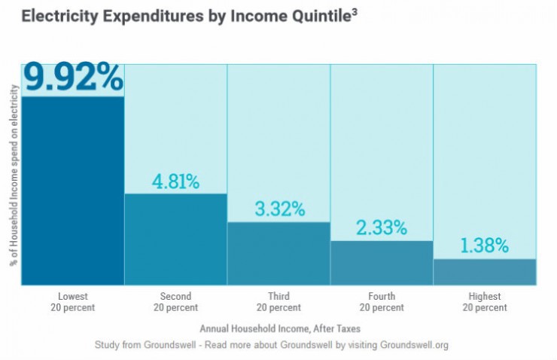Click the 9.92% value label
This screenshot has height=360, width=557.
(x=73, y=77)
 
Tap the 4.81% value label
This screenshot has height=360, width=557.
(x=175, y=182)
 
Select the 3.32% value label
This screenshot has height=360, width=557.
(x=279, y=209)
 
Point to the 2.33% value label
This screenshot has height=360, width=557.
(x=382, y=227)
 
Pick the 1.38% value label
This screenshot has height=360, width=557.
(x=485, y=246)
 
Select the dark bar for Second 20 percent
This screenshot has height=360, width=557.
(x=175, y=239)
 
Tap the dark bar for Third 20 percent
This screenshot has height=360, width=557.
(x=278, y=254)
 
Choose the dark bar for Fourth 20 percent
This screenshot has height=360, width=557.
(x=382, y=263)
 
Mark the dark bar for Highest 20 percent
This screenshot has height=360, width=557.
(x=485, y=272)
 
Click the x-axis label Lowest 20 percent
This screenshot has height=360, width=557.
(x=73, y=302)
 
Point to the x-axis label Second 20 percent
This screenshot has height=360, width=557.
(x=175, y=302)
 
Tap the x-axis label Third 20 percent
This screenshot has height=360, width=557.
(x=278, y=302)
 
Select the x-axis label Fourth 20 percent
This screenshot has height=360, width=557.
(x=382, y=302)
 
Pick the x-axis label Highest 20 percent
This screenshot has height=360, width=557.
(x=485, y=302)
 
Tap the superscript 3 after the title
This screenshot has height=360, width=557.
(x=354, y=11)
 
